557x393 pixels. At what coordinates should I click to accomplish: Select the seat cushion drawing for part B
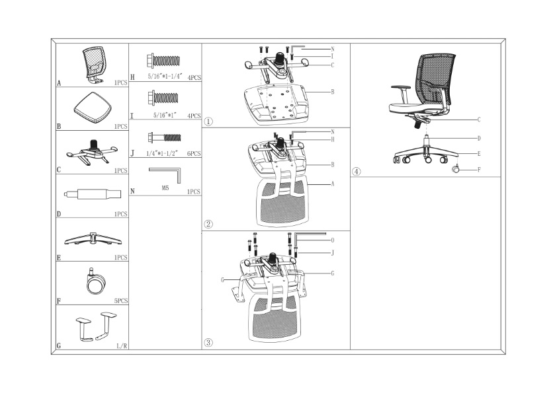tap(91, 107)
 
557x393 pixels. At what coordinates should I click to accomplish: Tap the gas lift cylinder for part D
tap(93, 194)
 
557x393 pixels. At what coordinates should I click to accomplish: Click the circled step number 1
tap(208, 122)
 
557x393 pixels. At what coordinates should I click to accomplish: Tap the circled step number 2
tap(208, 224)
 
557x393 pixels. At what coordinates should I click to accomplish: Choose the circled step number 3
tap(208, 342)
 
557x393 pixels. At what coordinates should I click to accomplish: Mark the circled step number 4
tap(357, 172)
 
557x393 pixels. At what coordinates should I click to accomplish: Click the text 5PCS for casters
tap(120, 301)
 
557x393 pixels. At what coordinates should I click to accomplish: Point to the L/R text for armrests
tap(122, 345)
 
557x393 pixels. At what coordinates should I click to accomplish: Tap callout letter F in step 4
tap(478, 170)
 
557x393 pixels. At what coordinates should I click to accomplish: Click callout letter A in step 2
tap(332, 184)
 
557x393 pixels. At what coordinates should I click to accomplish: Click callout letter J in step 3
tap(332, 252)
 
